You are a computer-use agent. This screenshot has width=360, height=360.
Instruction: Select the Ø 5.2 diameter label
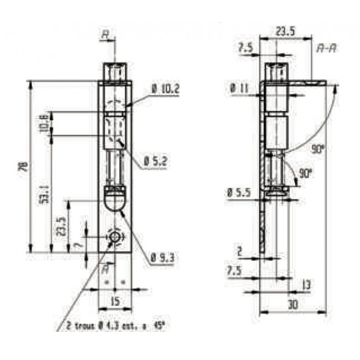point(156,161)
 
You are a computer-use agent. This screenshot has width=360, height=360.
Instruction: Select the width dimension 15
point(115,302)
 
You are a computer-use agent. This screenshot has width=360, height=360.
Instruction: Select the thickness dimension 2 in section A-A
point(239,251)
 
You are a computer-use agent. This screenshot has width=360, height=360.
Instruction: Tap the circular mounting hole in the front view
point(115,237)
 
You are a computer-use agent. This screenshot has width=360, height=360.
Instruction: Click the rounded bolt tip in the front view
point(115,200)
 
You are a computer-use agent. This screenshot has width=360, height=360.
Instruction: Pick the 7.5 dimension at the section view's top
point(245,48)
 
